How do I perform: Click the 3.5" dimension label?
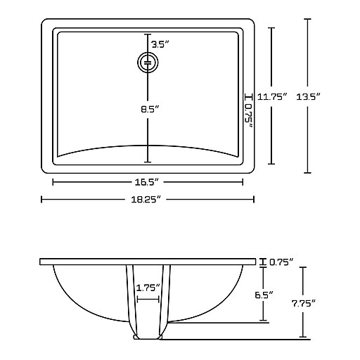[160, 44]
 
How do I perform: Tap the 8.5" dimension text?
[150, 109]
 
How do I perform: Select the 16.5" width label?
[147, 182]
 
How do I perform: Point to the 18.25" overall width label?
[146, 200]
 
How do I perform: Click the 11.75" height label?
[272, 96]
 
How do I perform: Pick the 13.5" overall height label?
[308, 96]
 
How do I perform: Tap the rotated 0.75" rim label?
[249, 115]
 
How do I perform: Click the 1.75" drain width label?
[148, 288]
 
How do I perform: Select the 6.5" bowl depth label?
[264, 295]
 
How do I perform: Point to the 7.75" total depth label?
[303, 304]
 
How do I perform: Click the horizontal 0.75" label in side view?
[281, 262]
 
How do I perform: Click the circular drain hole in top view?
[148, 63]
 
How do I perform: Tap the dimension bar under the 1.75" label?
[148, 300]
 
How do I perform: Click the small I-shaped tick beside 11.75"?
[249, 96]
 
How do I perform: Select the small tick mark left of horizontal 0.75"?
[263, 262]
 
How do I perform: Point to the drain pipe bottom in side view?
[148, 337]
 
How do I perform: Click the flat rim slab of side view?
[148, 262]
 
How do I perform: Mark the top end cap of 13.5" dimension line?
[307, 19]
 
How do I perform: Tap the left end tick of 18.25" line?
[41, 200]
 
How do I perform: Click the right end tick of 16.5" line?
[243, 182]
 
